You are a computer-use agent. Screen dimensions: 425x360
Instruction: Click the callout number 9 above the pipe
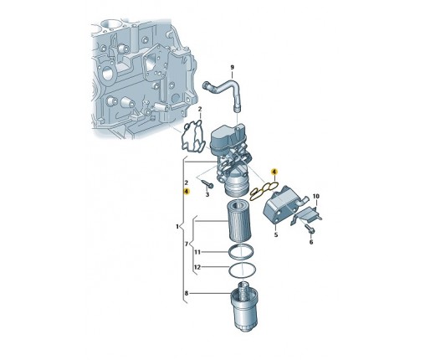(x=232, y=67)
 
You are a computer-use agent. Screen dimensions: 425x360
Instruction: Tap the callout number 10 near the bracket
(x=315, y=197)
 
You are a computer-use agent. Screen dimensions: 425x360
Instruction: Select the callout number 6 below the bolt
(x=311, y=242)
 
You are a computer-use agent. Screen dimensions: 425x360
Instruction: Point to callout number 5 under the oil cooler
(x=276, y=234)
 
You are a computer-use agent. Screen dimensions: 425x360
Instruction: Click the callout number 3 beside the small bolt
(x=207, y=194)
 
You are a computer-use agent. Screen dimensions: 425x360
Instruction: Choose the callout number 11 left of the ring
(x=197, y=252)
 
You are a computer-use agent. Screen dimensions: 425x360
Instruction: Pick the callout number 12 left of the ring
(x=197, y=267)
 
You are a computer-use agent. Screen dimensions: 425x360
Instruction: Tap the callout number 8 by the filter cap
(x=187, y=293)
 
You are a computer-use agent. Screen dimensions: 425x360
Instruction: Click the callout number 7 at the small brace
(x=187, y=244)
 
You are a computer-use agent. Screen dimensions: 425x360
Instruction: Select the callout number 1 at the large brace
(x=177, y=227)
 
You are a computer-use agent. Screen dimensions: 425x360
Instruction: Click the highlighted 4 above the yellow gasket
(x=274, y=172)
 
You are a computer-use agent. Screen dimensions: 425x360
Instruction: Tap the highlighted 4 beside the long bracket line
(x=187, y=192)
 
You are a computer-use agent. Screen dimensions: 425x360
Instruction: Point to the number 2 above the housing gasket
(x=200, y=109)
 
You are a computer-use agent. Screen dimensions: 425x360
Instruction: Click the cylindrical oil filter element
(x=240, y=220)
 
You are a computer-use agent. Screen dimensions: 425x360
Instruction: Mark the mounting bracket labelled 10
(x=307, y=215)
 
